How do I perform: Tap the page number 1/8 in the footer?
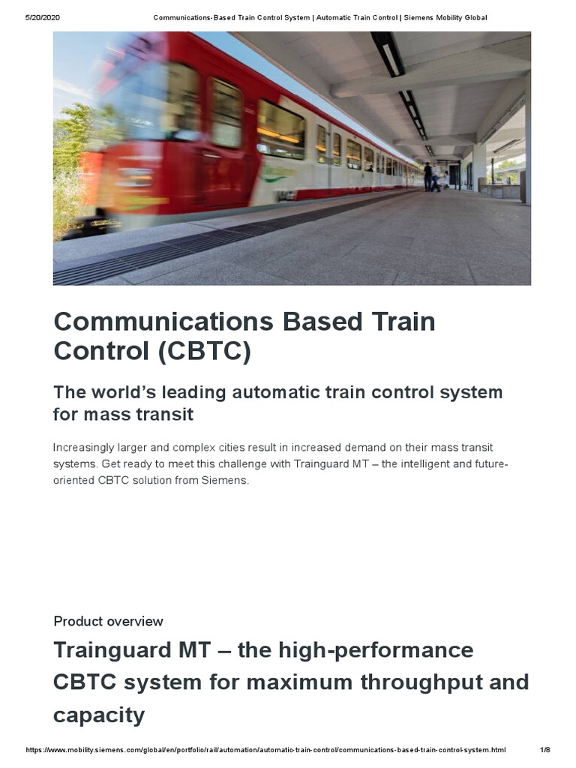coord(545,750)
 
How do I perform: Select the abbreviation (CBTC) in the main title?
coord(204,351)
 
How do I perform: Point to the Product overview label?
coord(108,621)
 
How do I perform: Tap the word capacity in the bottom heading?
coord(98,715)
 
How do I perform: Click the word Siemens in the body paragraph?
coord(223,480)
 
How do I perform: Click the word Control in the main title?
coord(102,351)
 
